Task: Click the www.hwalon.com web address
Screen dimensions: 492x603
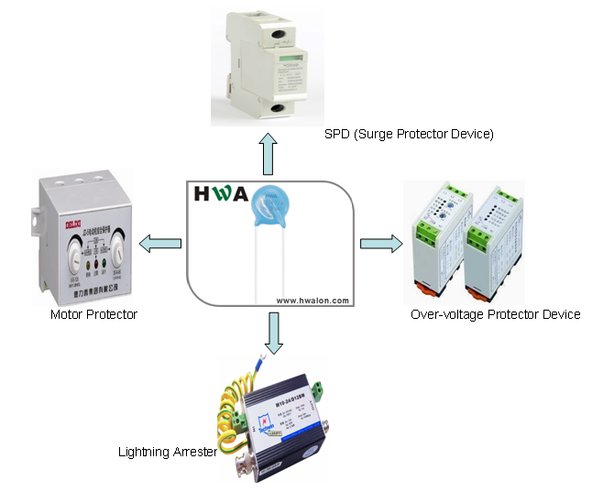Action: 312,300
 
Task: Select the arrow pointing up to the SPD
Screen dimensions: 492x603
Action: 269,153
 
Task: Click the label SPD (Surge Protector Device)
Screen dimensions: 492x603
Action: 409,135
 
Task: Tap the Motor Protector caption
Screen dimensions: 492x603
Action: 93,314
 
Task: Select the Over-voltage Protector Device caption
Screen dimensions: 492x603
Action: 496,314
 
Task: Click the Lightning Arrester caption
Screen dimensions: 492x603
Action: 166,452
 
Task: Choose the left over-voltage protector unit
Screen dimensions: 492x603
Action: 438,242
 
